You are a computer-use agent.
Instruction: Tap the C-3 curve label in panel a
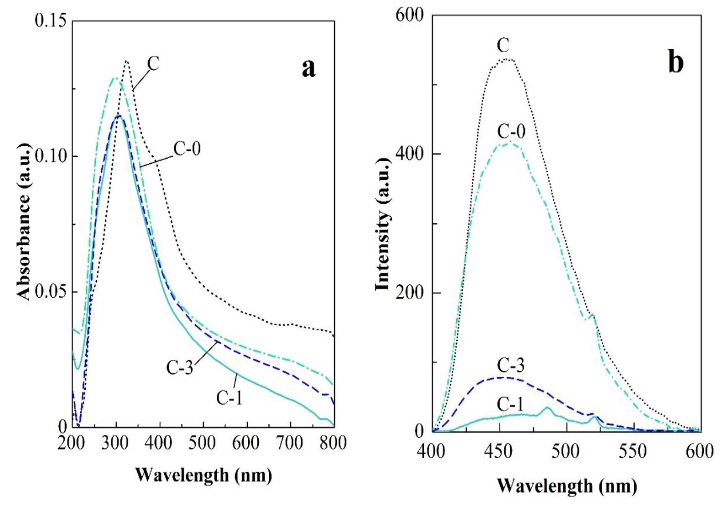click(179, 367)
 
